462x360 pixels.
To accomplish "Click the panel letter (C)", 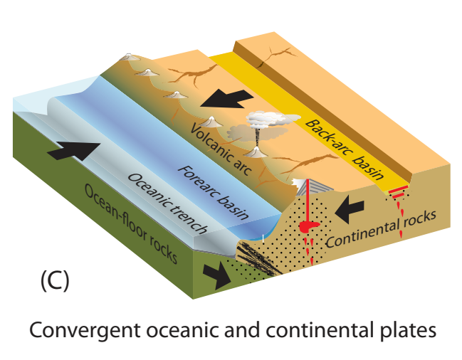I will point(53,280).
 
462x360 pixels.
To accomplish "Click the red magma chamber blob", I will point(308,227).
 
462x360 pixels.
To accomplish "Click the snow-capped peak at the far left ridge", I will point(129,56).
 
